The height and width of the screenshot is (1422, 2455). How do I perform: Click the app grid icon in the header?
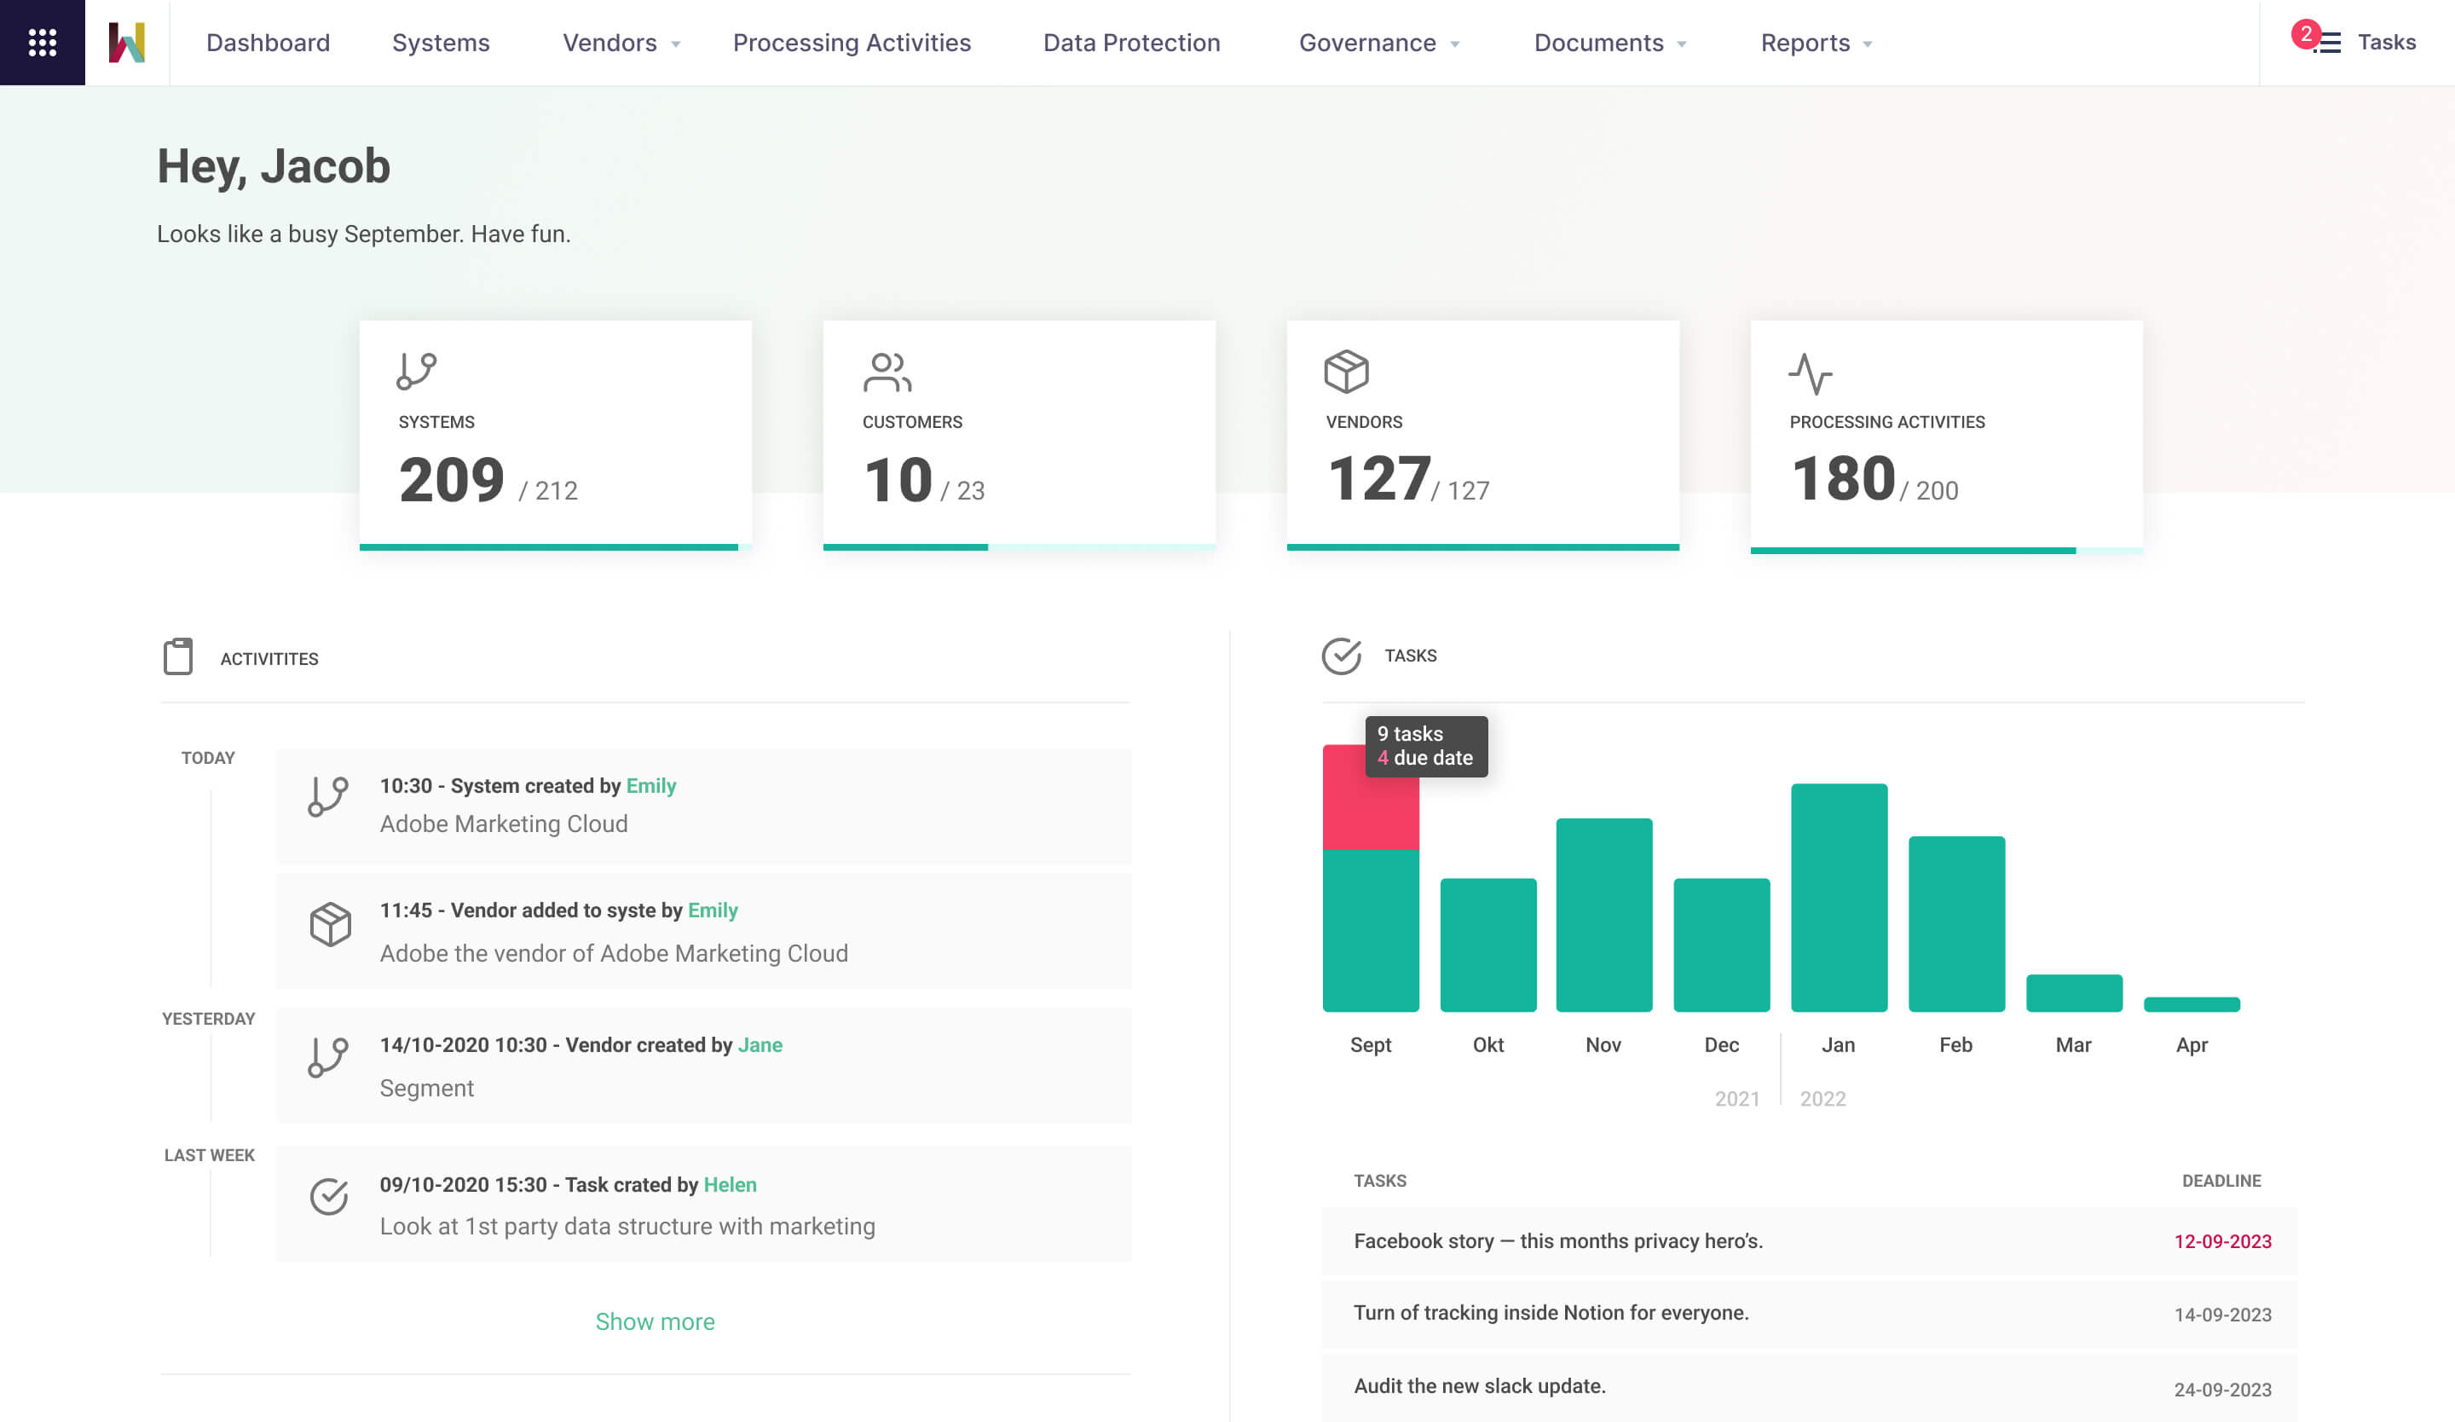click(42, 42)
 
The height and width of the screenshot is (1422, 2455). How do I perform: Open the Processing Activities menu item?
click(852, 43)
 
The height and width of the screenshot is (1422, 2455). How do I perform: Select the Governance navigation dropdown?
click(1378, 43)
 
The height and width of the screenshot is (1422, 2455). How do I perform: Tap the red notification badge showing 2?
click(2305, 34)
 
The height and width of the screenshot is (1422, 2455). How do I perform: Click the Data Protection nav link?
click(1131, 43)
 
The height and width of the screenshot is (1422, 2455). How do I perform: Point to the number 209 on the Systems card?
click(451, 480)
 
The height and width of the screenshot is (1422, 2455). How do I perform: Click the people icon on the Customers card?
click(887, 372)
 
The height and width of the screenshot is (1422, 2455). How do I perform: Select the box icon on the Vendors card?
click(1345, 371)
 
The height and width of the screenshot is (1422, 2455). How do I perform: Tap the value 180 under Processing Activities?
click(1842, 479)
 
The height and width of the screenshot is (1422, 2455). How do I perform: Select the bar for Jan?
click(1839, 896)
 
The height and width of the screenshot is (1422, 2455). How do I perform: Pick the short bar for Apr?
click(2191, 1004)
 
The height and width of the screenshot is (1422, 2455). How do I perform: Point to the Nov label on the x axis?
click(1603, 1045)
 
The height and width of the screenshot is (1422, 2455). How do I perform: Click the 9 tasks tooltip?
click(1425, 746)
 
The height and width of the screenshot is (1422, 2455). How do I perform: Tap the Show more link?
click(655, 1321)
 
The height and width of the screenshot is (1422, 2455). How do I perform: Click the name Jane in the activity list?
click(760, 1045)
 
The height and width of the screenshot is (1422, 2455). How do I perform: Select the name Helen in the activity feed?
click(730, 1184)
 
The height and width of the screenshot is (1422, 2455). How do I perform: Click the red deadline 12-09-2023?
click(2222, 1242)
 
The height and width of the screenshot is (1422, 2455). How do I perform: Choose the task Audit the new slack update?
click(1479, 1386)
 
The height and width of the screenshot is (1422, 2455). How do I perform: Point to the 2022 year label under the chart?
click(1822, 1099)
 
